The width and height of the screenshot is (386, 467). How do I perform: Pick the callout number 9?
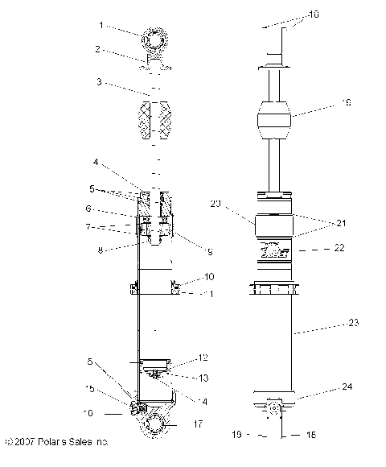click(209, 252)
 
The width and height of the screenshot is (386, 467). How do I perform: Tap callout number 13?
click(203, 376)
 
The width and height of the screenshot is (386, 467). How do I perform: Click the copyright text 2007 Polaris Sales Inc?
click(56, 442)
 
